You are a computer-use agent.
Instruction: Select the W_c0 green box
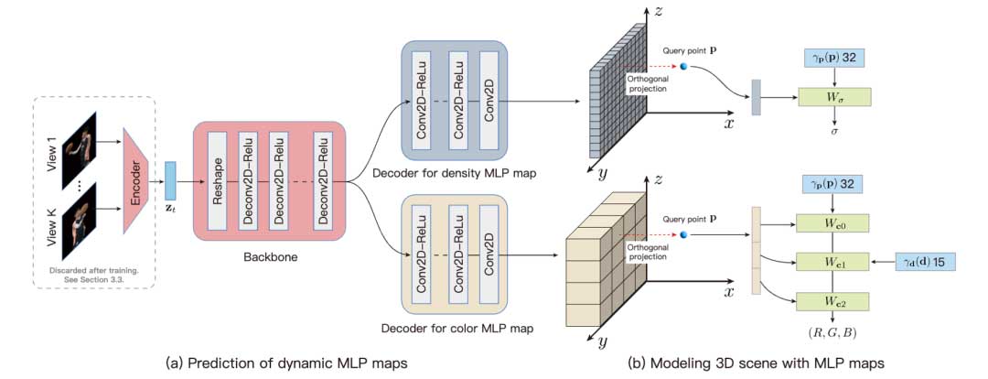coord(833,223)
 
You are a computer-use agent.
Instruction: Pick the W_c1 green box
coord(833,262)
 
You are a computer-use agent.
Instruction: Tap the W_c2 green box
coord(833,300)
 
